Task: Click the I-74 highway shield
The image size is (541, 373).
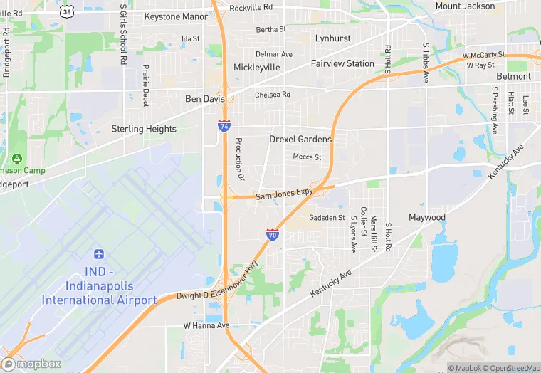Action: (224, 125)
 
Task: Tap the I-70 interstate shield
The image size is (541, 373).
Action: (272, 234)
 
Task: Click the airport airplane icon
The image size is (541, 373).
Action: (99, 255)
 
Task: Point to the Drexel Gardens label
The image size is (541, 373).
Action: (300, 140)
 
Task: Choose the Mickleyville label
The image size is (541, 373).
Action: (257, 68)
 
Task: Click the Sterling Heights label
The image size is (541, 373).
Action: (144, 129)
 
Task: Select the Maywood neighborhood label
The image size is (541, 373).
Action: (427, 217)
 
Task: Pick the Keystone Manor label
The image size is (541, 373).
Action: (176, 16)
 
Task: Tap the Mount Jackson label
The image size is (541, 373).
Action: (465, 6)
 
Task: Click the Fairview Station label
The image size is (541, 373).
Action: (342, 63)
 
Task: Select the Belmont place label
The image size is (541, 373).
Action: (513, 76)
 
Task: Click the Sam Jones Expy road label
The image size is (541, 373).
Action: (285, 194)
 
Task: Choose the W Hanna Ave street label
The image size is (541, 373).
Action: (206, 325)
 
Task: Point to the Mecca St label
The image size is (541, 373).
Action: (307, 157)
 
